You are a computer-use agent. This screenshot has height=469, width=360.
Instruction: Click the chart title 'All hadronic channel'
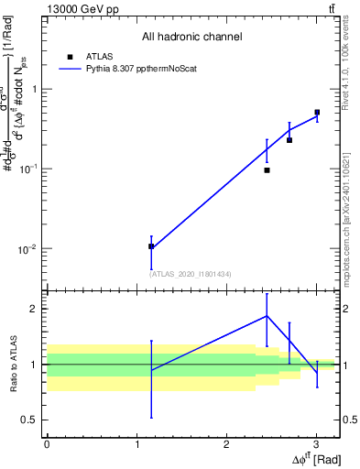[191, 38]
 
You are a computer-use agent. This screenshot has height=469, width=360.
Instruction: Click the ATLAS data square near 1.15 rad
[151, 246]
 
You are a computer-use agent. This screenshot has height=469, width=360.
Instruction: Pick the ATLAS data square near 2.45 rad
[267, 170]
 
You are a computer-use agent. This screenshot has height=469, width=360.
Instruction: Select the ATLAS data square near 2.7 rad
[289, 140]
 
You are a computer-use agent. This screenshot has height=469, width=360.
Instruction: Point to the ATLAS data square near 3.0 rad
[317, 113]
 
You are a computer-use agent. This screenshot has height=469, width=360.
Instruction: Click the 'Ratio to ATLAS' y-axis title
[14, 365]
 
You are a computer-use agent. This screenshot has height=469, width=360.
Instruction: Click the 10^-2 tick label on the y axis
[28, 250]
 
